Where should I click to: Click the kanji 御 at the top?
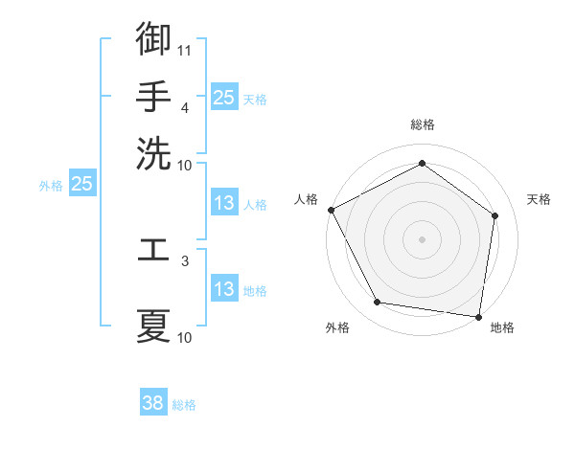(x=153, y=39)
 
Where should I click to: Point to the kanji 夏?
(x=153, y=325)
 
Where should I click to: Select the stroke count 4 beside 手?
(x=185, y=107)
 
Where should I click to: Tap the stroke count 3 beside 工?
(x=185, y=259)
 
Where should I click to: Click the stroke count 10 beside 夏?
(x=185, y=337)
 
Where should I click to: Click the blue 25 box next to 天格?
(x=223, y=97)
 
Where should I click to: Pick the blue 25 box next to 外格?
(x=81, y=184)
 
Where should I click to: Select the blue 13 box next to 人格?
(x=223, y=203)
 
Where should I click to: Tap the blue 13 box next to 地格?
(x=223, y=289)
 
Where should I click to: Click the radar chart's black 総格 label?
(x=422, y=124)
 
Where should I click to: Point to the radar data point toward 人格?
(x=331, y=210)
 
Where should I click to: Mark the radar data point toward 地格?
(x=478, y=316)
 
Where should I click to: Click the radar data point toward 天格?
(x=494, y=215)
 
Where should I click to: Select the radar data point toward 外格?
(x=378, y=303)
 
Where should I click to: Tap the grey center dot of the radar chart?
(x=422, y=238)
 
